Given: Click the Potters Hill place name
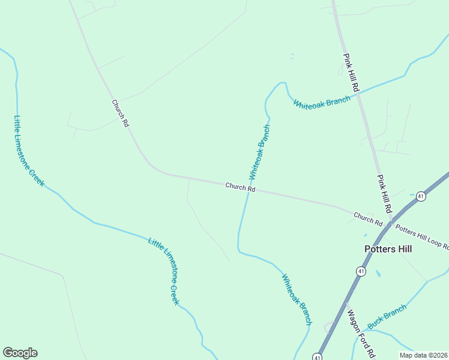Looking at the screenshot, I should pos(388,248).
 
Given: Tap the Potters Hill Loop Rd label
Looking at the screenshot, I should pos(421,235).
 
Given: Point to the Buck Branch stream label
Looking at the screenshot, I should pos(387,316).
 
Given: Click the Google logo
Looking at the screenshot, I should pos(20,353).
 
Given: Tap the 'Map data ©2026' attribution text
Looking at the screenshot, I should pos(423,355).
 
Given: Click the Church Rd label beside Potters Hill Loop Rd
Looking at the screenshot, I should pos(367,218).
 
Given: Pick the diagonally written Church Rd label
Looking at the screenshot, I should pos(121,113).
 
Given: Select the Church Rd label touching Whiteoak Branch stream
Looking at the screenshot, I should pos(240,188).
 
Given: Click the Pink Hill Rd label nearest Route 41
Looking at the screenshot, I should pos(384,194).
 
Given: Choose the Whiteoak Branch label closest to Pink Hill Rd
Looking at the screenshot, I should pos(321,102).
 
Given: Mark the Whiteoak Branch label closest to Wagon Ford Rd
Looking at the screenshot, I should pos(297,299).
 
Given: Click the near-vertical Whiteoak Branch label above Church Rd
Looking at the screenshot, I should pos(260,152).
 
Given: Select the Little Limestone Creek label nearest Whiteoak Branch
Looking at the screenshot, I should pos(164,271).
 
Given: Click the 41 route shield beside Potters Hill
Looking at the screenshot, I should pos(361,272).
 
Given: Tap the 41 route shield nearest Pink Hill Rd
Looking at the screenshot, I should pos(421,196).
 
